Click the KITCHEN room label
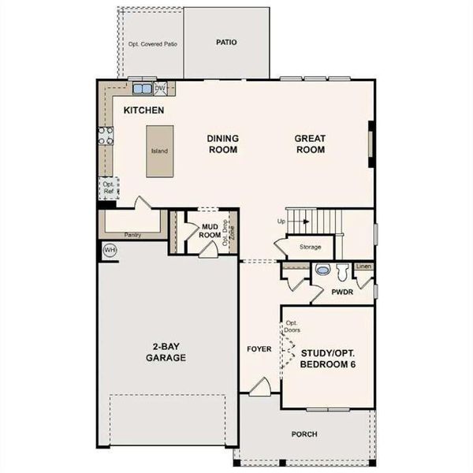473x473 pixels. pyautogui.click(x=143, y=110)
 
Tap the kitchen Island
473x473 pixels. pyautogui.click(x=159, y=151)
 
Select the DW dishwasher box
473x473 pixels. pyautogui.click(x=160, y=88)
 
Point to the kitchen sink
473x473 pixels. pyautogui.click(x=142, y=89)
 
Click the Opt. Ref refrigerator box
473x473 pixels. pyautogui.click(x=108, y=188)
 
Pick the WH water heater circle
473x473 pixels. pyautogui.click(x=110, y=250)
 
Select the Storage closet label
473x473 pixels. pyautogui.click(x=310, y=247)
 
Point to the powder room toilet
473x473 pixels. pyautogui.click(x=342, y=273)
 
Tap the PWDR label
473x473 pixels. pyautogui.click(x=341, y=292)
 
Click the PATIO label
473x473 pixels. pyautogui.click(x=225, y=43)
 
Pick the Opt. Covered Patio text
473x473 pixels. pyautogui.click(x=152, y=44)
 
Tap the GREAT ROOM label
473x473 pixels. pyautogui.click(x=310, y=143)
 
